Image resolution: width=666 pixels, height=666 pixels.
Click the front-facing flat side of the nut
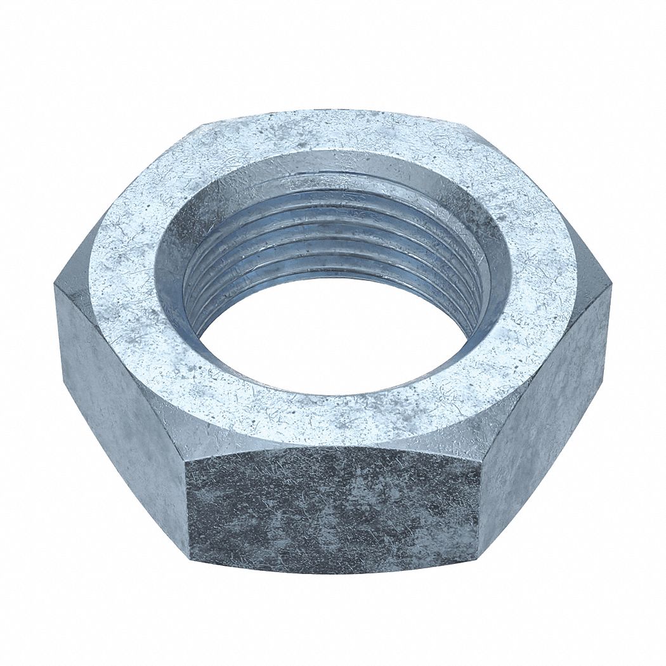pyautogui.click(x=333, y=507)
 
